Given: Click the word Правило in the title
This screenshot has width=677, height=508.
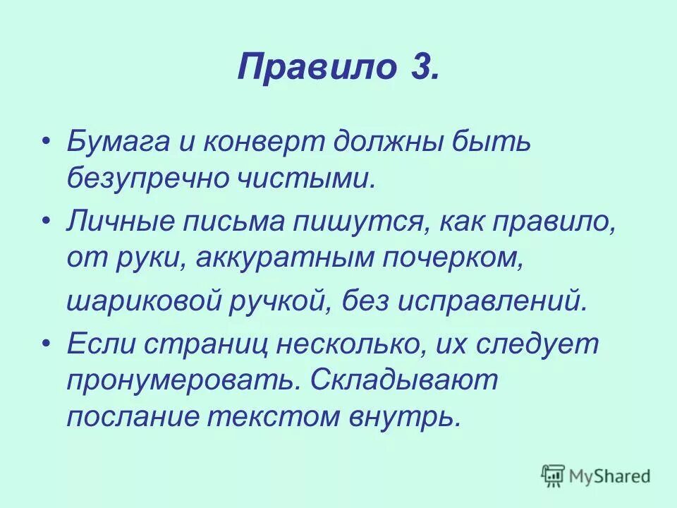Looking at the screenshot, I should pyautogui.click(x=310, y=68).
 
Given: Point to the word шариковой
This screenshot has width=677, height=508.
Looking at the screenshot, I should pyautogui.click(x=140, y=301).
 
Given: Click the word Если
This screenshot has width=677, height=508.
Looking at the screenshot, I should pyautogui.click(x=99, y=345).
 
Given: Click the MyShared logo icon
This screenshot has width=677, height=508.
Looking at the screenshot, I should pyautogui.click(x=553, y=476).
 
